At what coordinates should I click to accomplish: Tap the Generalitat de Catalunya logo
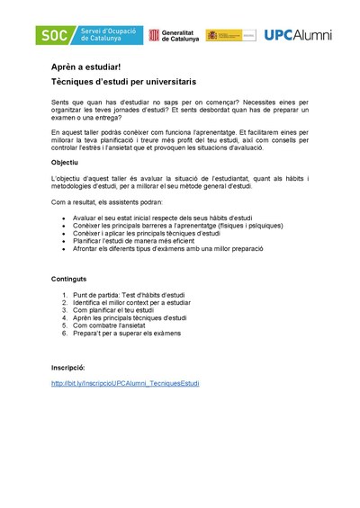tap(175, 36)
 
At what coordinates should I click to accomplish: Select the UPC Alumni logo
tap(297, 36)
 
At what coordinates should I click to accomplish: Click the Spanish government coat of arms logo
tap(229, 36)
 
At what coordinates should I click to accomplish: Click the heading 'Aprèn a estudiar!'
tap(85, 67)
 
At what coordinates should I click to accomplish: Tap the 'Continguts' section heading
tap(69, 279)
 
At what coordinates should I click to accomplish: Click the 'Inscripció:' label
tap(68, 368)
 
